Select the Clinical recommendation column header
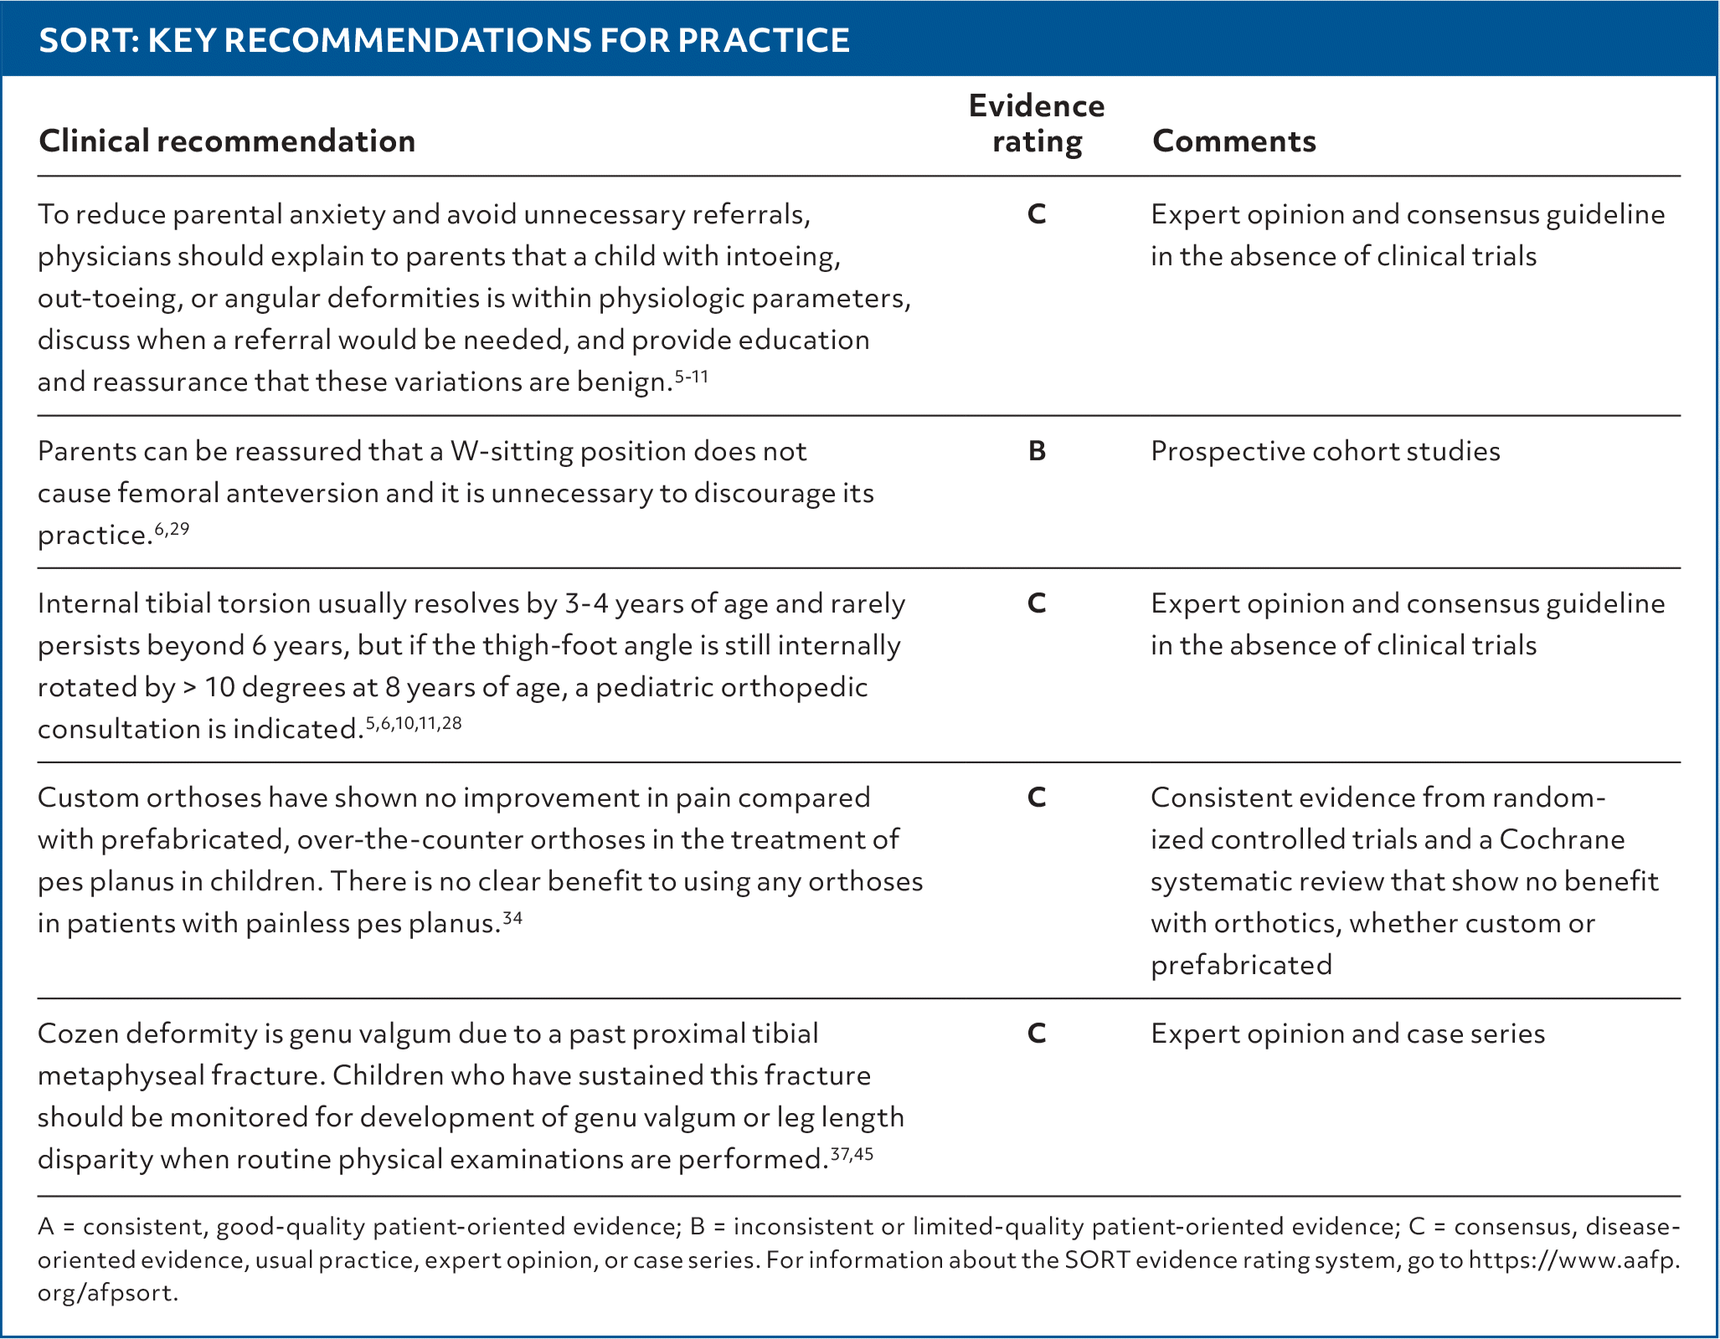[x=227, y=141]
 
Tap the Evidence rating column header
[x=1037, y=123]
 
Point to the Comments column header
[x=1233, y=141]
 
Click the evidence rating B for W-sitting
[x=1037, y=451]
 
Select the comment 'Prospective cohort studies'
[x=1325, y=451]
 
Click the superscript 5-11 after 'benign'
[x=692, y=377]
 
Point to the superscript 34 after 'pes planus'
[x=512, y=918]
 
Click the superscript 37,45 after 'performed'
[x=852, y=1154]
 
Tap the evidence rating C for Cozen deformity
[x=1037, y=1034]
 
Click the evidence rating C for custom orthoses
[x=1037, y=798]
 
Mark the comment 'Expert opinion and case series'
[x=1347, y=1034]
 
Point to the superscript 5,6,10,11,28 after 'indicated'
[x=414, y=723]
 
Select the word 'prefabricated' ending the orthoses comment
[x=1241, y=965]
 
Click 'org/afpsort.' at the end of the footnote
[x=108, y=1293]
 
